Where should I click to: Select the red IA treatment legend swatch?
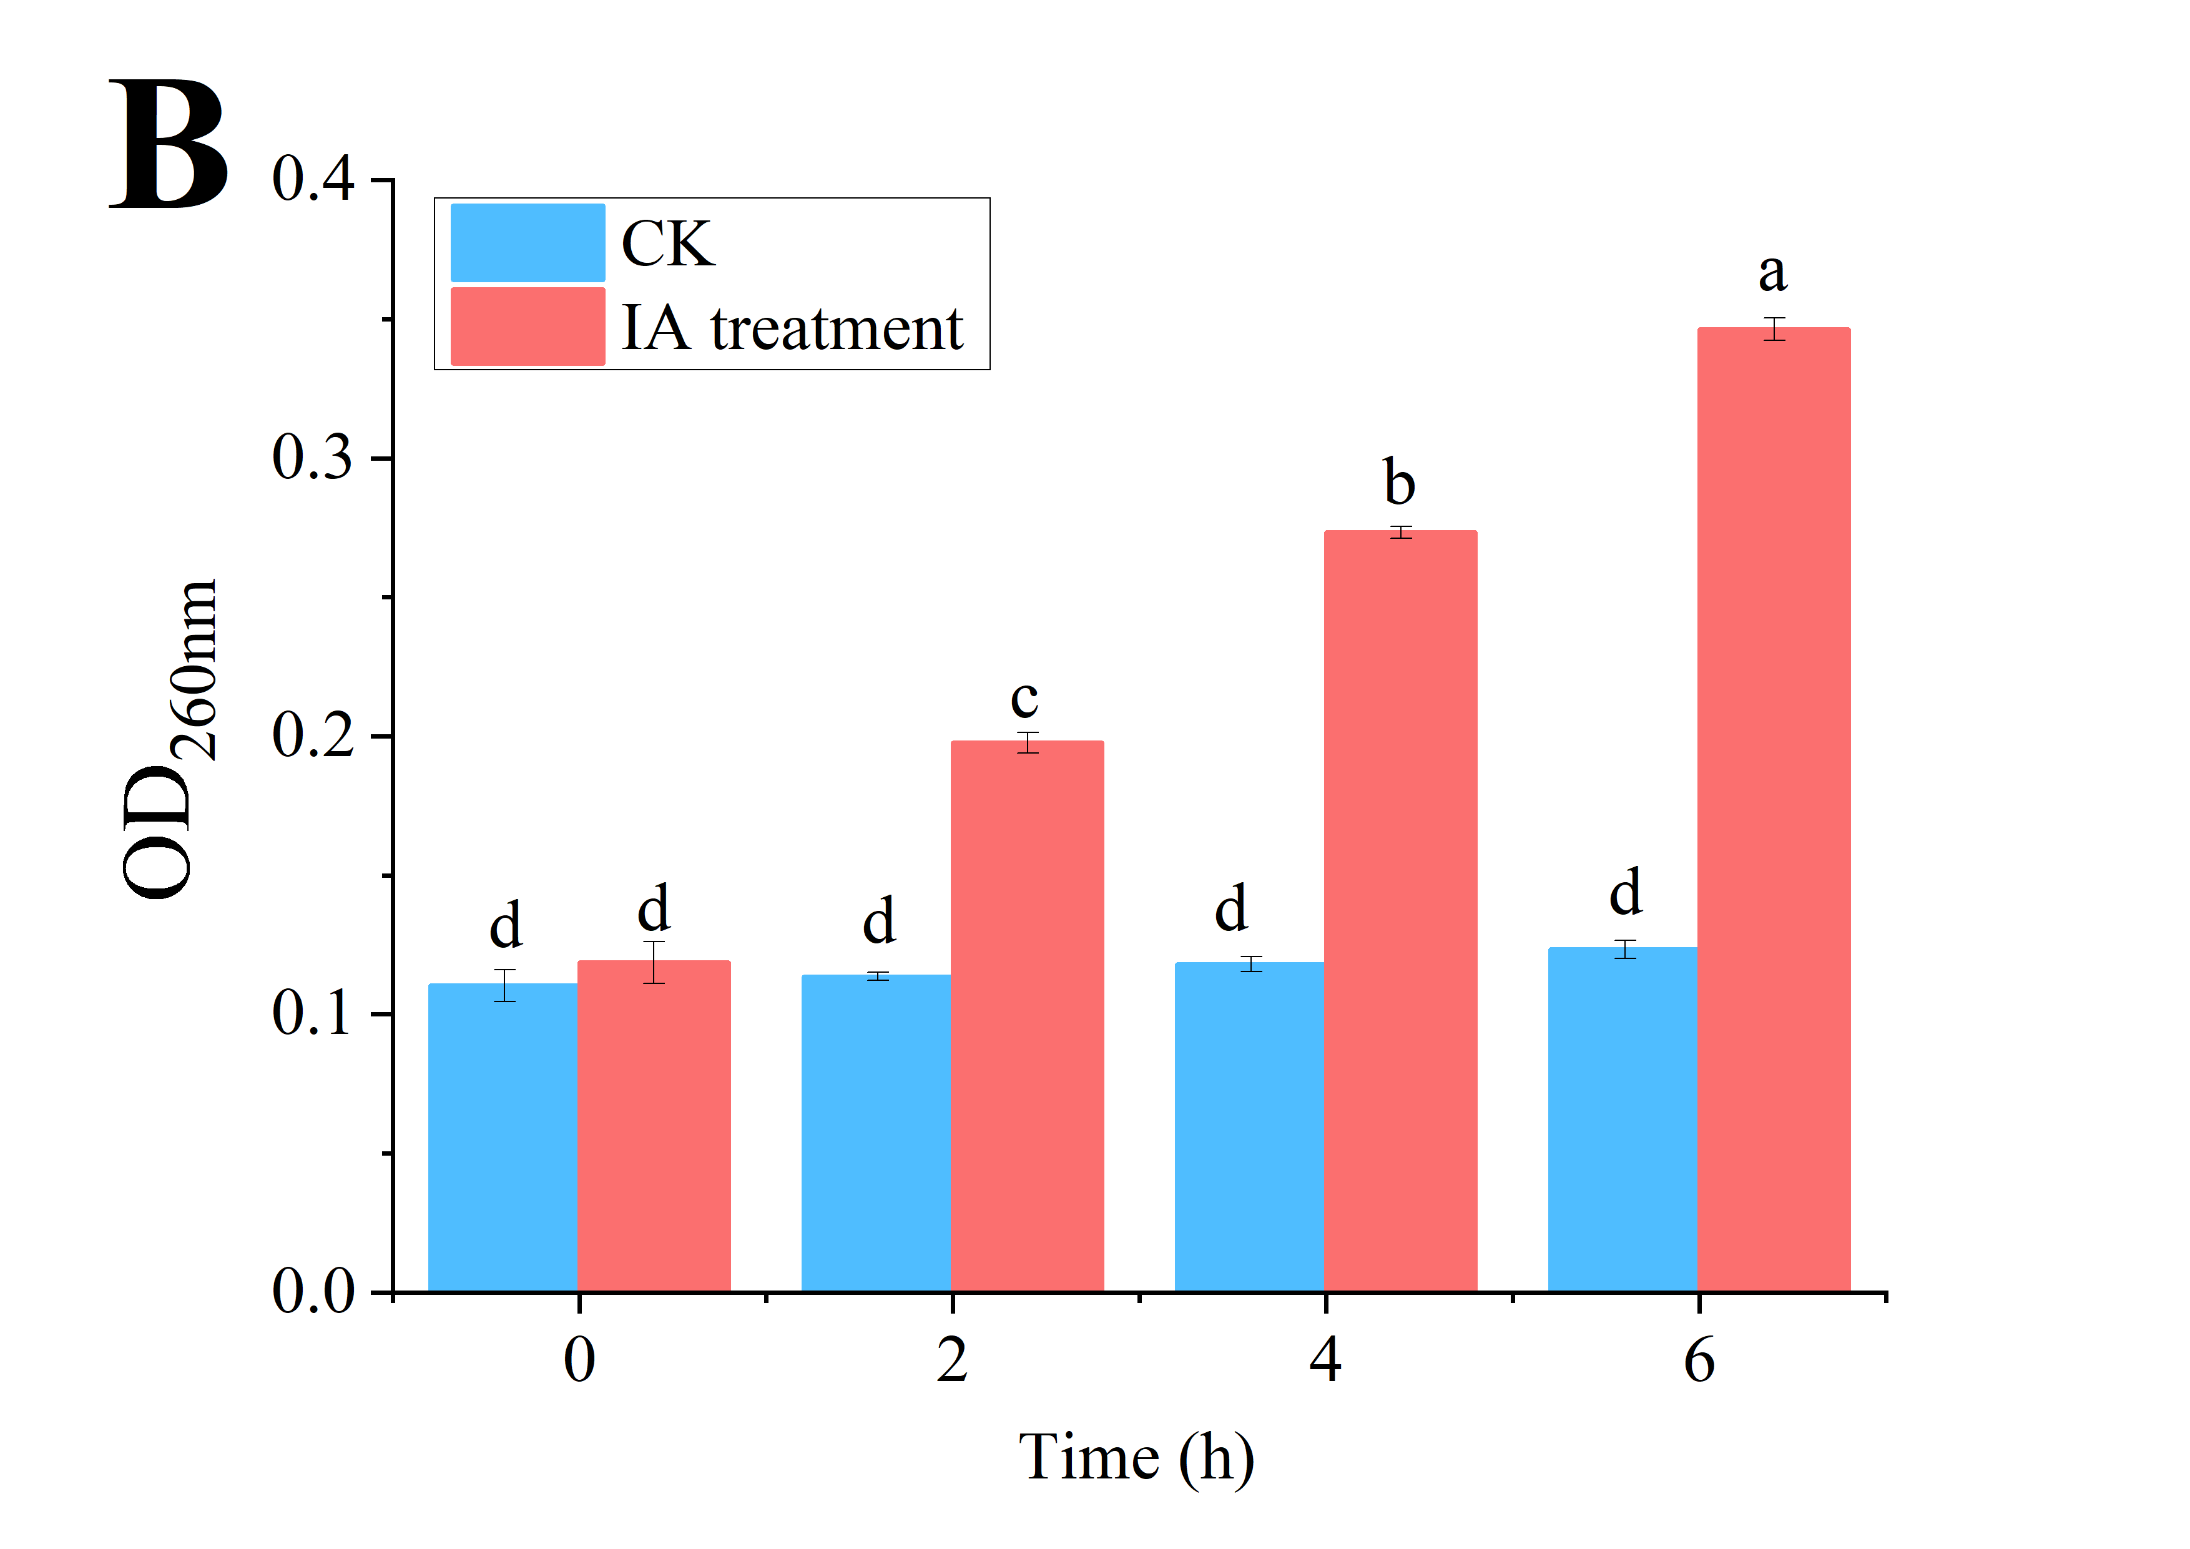click(x=528, y=326)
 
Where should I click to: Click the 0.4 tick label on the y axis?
click(x=313, y=179)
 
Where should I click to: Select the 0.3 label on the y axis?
click(x=313, y=457)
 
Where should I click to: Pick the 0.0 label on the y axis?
click(x=313, y=1292)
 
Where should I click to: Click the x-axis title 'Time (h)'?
click(x=1136, y=1457)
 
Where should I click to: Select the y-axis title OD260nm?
click(x=170, y=739)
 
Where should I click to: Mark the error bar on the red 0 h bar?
click(x=654, y=962)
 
